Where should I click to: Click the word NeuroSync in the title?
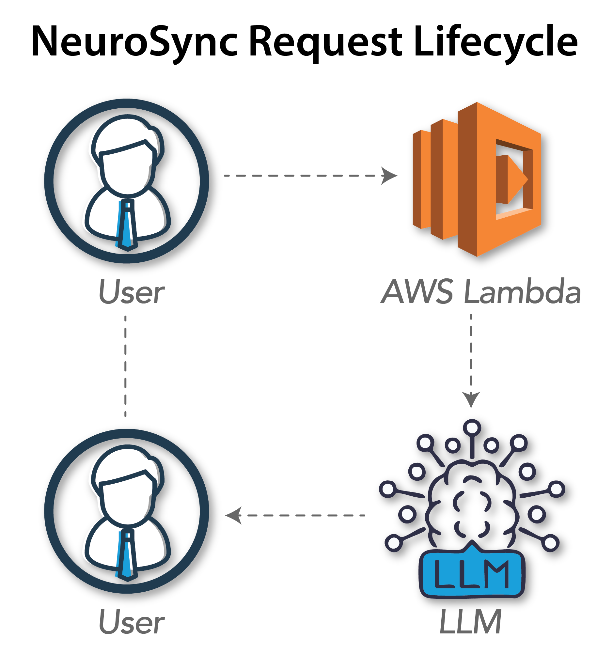pyautogui.click(x=134, y=42)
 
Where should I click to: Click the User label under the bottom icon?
pyautogui.click(x=132, y=623)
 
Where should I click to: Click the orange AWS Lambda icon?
pyautogui.click(x=478, y=181)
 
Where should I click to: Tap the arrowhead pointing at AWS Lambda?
pyautogui.click(x=389, y=176)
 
